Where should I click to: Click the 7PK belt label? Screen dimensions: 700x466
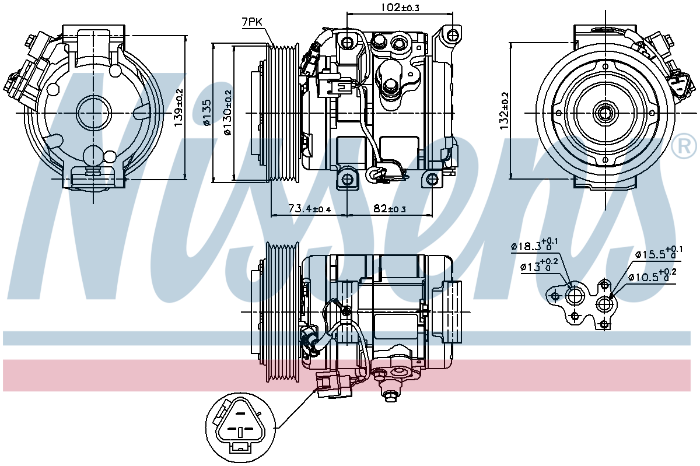(x=251, y=22)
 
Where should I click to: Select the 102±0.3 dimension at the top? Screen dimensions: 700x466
(x=400, y=7)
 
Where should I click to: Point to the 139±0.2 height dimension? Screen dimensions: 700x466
(x=180, y=107)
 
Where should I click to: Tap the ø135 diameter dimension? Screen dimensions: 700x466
(x=207, y=113)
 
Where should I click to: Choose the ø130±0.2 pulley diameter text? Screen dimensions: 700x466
(x=228, y=113)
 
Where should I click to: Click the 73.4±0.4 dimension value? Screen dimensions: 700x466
(x=309, y=208)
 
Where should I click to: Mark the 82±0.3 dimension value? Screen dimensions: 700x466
(x=390, y=208)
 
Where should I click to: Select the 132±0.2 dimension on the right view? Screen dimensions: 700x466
(x=505, y=111)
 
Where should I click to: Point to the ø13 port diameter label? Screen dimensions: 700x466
(x=539, y=266)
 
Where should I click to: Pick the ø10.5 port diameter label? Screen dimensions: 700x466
(x=652, y=276)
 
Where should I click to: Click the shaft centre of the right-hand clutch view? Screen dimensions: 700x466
(x=605, y=113)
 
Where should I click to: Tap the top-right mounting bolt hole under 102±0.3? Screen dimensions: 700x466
(x=452, y=35)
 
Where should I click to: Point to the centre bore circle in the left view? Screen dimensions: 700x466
(x=93, y=113)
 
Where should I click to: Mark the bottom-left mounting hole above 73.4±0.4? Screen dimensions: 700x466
(x=347, y=179)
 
